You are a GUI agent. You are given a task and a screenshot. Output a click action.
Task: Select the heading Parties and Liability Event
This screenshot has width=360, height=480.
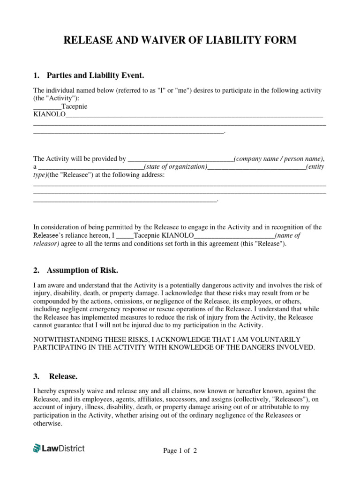[x=95, y=75]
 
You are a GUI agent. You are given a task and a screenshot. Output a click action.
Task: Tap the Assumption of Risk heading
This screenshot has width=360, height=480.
[x=82, y=270]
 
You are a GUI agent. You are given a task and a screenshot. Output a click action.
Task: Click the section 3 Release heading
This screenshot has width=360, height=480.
[x=63, y=376]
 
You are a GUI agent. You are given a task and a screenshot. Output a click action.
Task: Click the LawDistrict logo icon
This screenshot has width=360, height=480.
[x=37, y=449]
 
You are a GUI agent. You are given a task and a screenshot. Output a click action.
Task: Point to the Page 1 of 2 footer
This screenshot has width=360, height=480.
[x=180, y=451]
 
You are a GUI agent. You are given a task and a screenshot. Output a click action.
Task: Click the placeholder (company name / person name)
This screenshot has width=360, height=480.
[x=278, y=159]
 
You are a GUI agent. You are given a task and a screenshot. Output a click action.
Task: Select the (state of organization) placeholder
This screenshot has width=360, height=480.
[x=175, y=167]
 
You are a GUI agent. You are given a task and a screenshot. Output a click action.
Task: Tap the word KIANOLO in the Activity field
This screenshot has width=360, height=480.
[x=49, y=115]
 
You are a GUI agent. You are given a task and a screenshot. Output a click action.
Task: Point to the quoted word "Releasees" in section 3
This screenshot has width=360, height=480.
[x=290, y=399]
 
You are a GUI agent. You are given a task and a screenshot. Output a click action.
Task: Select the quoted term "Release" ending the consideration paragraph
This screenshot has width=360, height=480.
[x=269, y=244]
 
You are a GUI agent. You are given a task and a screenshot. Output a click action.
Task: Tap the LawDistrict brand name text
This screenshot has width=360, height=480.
[x=64, y=449]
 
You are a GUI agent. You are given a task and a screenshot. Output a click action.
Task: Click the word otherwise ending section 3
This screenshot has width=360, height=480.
[x=47, y=423]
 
